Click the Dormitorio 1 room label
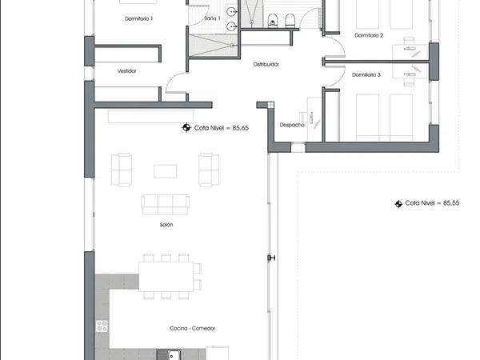tap(138, 18)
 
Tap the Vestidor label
tap(126, 71)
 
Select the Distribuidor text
tap(266, 64)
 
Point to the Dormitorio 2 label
tap(369, 35)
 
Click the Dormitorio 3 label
tap(366, 75)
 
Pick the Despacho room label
tap(292, 125)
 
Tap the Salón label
tap(166, 225)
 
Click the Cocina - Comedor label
tap(192, 329)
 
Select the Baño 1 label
tap(212, 18)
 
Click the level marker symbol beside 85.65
tap(186, 127)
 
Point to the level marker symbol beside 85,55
tap(398, 204)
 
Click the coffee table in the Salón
tap(165, 171)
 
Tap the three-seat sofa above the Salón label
tap(166, 205)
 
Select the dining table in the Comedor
tap(166, 276)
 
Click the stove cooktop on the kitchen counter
tap(102, 326)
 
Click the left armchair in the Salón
tap(122, 170)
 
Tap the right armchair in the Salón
tap(209, 170)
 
